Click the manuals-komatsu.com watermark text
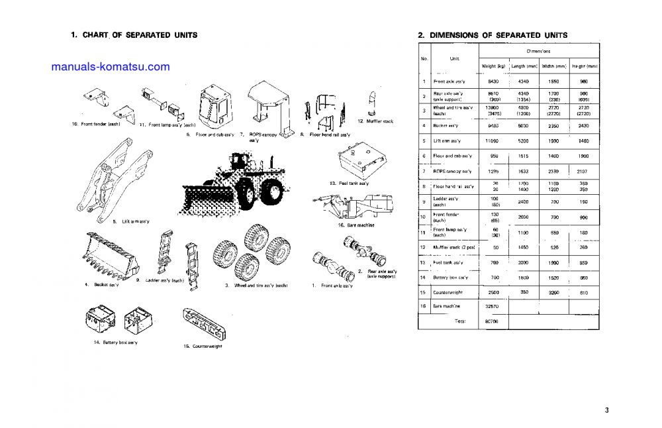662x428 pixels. (x=110, y=67)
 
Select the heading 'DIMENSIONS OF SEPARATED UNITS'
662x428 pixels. (x=498, y=34)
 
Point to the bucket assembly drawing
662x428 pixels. (x=109, y=255)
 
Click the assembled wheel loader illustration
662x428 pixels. (x=238, y=179)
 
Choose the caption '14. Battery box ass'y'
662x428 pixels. (x=116, y=342)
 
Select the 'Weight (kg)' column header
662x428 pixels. (x=493, y=66)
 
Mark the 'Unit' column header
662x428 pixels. (x=454, y=58)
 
